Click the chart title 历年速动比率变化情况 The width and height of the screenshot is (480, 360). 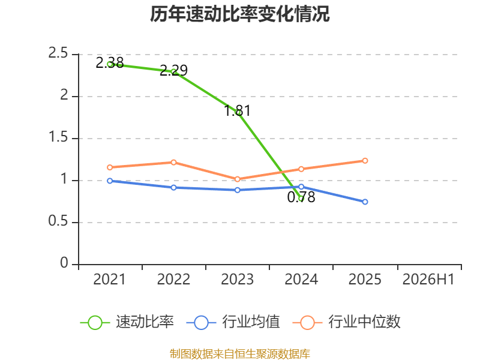point(239,14)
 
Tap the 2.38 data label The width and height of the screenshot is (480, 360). point(110,63)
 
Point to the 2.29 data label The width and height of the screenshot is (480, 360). point(173,70)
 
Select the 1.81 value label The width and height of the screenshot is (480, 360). point(237,111)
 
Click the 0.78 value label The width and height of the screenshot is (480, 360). point(301,197)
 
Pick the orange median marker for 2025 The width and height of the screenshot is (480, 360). point(365,161)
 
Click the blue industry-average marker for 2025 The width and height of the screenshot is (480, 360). point(365,202)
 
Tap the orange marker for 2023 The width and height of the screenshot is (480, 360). point(237,179)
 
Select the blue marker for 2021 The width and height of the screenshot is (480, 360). point(110,181)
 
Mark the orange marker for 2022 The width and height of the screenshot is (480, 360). point(173,162)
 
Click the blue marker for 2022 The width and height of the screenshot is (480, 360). point(173,188)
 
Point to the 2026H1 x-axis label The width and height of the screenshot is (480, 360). point(428,280)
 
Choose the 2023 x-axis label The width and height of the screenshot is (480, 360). point(237,280)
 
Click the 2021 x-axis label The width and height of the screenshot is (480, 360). point(110,280)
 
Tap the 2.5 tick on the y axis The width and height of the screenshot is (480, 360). point(58,53)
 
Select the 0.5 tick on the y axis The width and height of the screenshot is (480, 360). point(58,221)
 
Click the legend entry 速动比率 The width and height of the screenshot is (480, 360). point(127,322)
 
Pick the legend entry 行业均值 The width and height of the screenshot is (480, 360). point(233,322)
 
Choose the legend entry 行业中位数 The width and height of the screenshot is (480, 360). point(347,322)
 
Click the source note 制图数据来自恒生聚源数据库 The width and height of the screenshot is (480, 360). point(239,354)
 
